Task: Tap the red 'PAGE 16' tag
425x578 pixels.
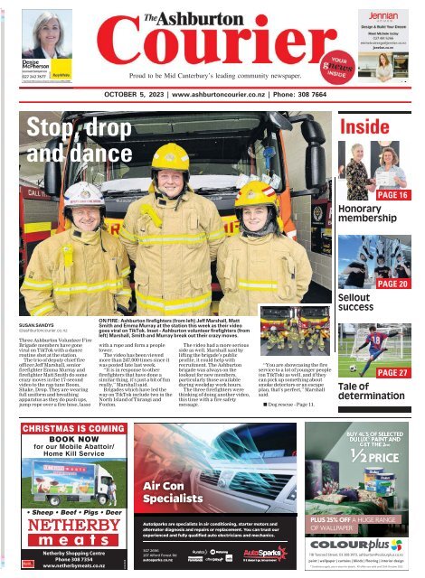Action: click(392, 195)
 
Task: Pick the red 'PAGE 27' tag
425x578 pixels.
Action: click(392, 372)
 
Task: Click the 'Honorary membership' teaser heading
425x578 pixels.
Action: click(360, 214)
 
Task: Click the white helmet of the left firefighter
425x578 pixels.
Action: click(81, 193)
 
